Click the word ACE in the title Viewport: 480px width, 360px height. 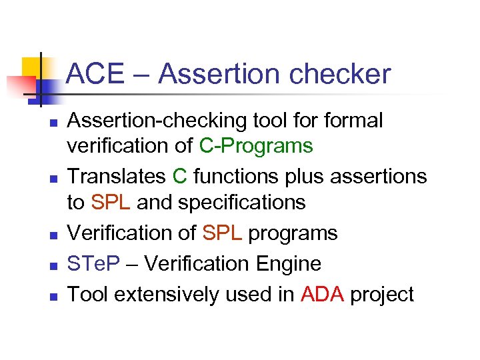tap(96, 74)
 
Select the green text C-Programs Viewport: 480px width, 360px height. tap(256, 145)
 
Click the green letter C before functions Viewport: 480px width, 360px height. tap(179, 176)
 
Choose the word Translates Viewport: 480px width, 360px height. tap(117, 176)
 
